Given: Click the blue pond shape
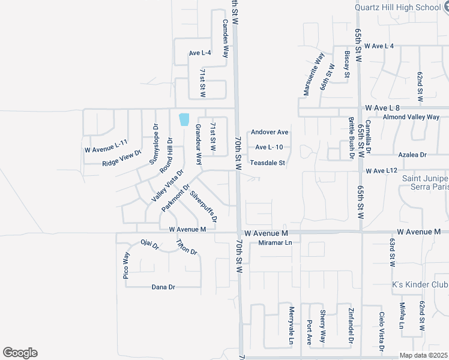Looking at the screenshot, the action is pyautogui.click(x=184, y=119).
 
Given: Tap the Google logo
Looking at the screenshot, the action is pyautogui.click(x=20, y=353).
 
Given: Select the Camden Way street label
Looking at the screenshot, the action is pyautogui.click(x=226, y=38).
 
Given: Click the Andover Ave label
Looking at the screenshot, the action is pyautogui.click(x=270, y=132).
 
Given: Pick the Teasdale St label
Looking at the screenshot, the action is pyautogui.click(x=267, y=163).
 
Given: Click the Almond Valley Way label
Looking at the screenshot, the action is pyautogui.click(x=411, y=117).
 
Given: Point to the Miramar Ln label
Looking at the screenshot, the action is pyautogui.click(x=274, y=242).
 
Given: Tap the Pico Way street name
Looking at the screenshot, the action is pyautogui.click(x=126, y=265).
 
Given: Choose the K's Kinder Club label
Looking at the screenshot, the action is pyautogui.click(x=419, y=284).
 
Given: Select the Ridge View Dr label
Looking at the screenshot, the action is pyautogui.click(x=121, y=157).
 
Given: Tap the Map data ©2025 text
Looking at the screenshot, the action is pyautogui.click(x=424, y=355).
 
